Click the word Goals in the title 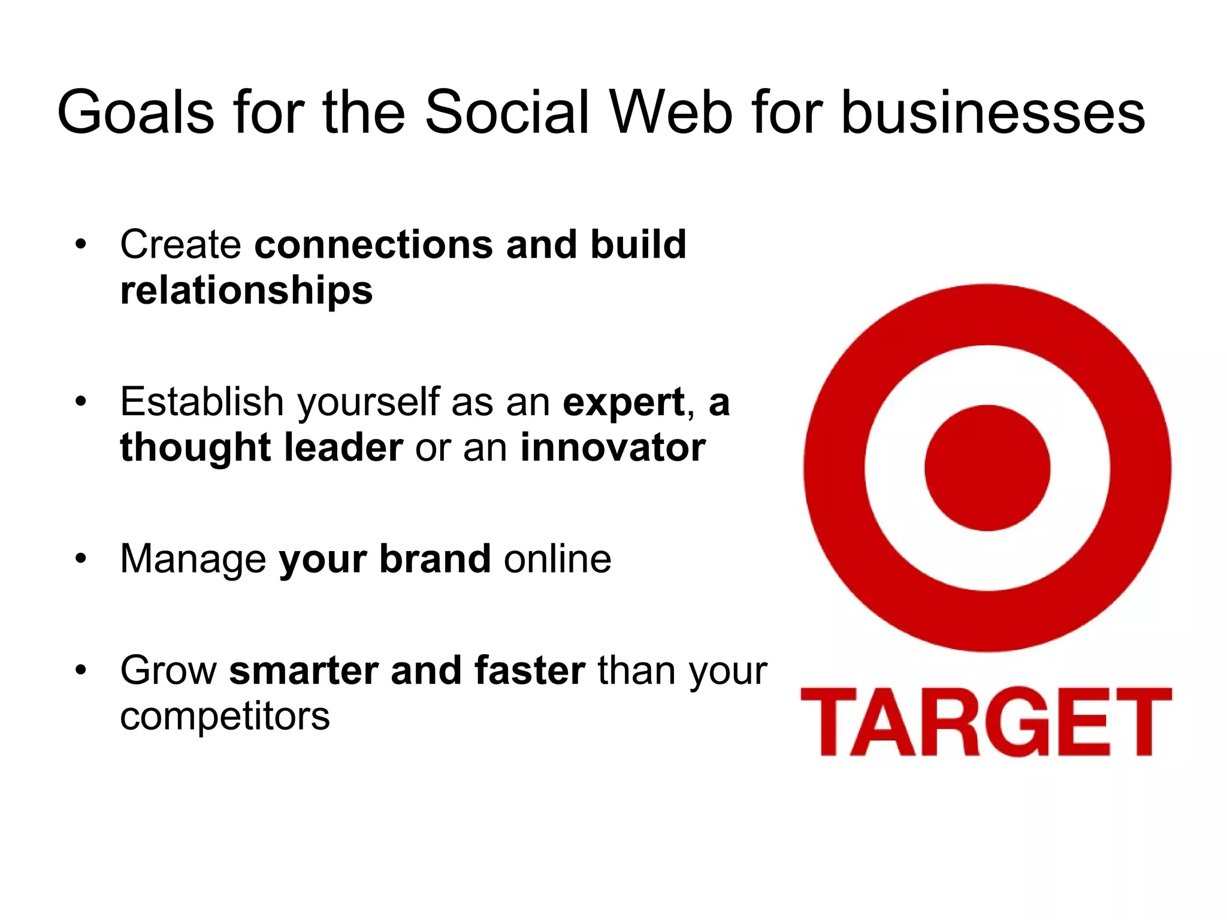[x=135, y=113]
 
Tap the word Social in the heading [x=507, y=113]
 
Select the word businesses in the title [x=993, y=113]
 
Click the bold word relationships [x=246, y=291]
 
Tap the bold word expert [x=623, y=402]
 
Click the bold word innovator [x=612, y=448]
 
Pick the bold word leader [x=343, y=448]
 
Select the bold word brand [x=435, y=558]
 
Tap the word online [x=557, y=558]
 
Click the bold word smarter [x=303, y=671]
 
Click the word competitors [x=225, y=716]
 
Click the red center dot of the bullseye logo [x=987, y=468]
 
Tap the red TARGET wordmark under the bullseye [x=986, y=722]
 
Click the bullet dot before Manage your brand [x=81, y=558]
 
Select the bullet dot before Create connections [x=81, y=244]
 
